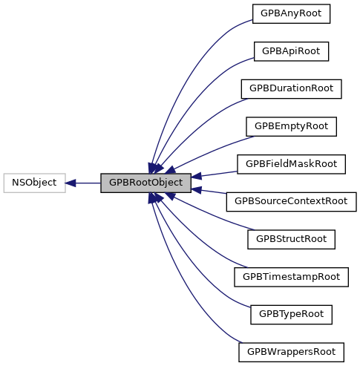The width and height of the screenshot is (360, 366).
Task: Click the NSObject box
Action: tap(34, 182)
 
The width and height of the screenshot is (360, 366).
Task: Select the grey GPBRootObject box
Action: tap(145, 182)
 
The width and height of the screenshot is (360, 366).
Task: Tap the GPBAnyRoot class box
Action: tap(291, 13)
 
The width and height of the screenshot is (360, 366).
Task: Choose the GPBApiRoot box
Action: tap(291, 51)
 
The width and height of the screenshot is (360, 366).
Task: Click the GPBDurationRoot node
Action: tap(291, 88)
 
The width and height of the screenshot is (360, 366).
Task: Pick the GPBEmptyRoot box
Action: tap(291, 126)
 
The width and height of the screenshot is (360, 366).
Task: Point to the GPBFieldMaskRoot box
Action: tap(291, 163)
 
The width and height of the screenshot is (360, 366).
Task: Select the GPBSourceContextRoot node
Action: tap(291, 201)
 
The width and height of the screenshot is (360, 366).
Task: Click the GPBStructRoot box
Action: tap(291, 239)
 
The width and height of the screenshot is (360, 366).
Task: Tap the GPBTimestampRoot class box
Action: tap(291, 276)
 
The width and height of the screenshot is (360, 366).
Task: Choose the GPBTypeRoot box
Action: tap(291, 314)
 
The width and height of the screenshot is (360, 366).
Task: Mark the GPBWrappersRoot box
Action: tap(291, 351)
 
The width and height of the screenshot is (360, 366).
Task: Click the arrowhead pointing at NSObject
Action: tap(71, 182)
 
